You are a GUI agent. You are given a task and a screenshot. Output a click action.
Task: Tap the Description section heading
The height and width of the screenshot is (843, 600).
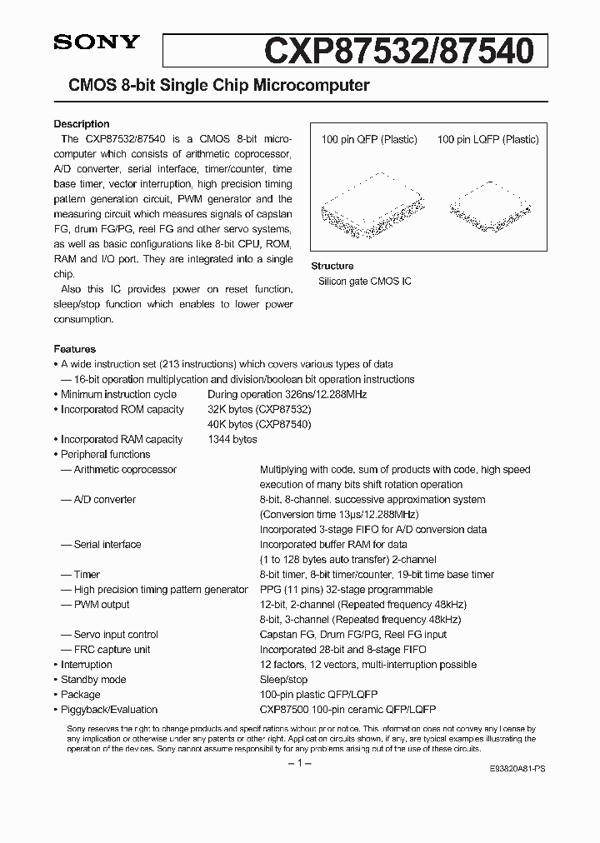pos(82,124)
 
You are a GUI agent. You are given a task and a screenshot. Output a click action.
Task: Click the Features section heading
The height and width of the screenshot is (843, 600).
pos(75,349)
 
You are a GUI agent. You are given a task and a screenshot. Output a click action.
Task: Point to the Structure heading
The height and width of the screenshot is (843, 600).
pos(332,267)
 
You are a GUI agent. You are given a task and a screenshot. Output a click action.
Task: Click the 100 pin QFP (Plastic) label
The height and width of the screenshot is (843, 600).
pos(369,140)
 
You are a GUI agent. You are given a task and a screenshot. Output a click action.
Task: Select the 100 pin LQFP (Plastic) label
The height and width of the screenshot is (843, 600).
pos(487,140)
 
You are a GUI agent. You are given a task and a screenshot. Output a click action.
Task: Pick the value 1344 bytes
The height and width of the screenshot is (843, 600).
pos(232,439)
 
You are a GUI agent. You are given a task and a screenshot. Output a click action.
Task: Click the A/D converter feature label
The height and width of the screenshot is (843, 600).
pos(104,499)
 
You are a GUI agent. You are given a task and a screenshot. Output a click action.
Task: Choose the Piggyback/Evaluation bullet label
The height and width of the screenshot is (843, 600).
pos(108,709)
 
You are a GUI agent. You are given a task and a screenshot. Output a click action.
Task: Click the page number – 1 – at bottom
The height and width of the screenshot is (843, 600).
pos(299,764)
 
